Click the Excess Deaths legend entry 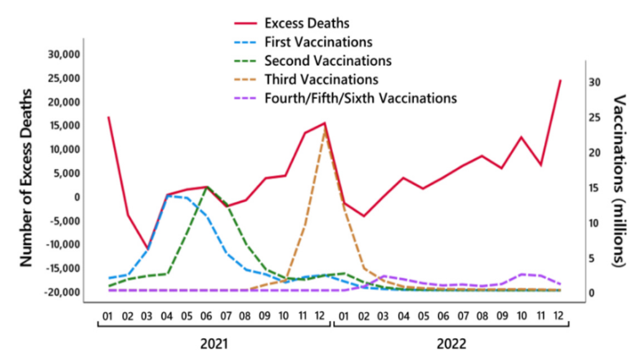307,24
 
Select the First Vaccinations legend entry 318,42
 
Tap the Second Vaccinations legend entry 327,61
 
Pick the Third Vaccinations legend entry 321,80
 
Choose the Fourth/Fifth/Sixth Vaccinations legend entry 360,98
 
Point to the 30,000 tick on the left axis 64,54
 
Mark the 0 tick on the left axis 78,196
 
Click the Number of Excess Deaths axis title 27,176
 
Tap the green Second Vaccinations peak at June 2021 207,187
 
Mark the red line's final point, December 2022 560,80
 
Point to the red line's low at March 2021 147,249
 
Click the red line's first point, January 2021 109,117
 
